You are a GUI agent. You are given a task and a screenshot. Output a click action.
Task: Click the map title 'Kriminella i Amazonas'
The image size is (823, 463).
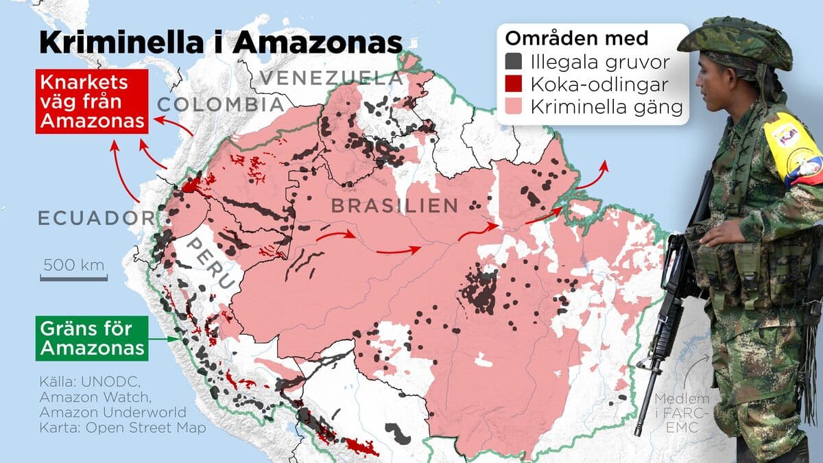[220, 43]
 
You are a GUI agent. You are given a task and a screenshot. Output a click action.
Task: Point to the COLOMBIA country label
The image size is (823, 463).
[220, 105]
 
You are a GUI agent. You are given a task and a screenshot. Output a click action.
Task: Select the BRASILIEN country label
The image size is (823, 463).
[394, 205]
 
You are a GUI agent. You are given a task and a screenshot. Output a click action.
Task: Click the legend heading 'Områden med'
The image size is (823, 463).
[576, 38]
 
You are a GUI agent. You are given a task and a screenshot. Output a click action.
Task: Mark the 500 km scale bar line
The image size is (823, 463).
[73, 278]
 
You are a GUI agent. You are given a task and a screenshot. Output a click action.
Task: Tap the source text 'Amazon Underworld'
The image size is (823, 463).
[112, 412]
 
